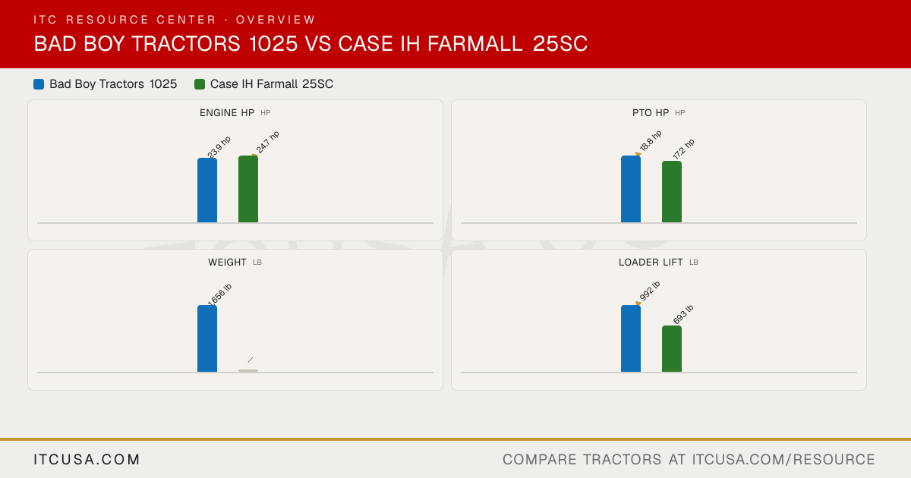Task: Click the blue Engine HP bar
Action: (207, 190)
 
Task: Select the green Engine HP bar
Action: (248, 189)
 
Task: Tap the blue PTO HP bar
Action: (631, 189)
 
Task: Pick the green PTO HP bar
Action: (672, 192)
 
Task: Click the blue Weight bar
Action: (207, 338)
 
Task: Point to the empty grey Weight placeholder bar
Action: (248, 371)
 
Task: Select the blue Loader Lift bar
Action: (631, 338)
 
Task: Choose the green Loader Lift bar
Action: (672, 349)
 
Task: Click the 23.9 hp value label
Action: (219, 146)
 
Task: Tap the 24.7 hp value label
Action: (267, 142)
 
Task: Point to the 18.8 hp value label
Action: (651, 140)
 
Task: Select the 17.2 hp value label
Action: (684, 149)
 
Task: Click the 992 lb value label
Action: (650, 291)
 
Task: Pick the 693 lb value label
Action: (683, 314)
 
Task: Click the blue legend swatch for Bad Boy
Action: (39, 84)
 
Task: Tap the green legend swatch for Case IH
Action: (199, 84)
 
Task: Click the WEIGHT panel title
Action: (227, 263)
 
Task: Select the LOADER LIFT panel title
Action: (651, 263)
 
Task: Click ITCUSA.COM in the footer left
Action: (87, 459)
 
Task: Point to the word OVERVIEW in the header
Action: (276, 20)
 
